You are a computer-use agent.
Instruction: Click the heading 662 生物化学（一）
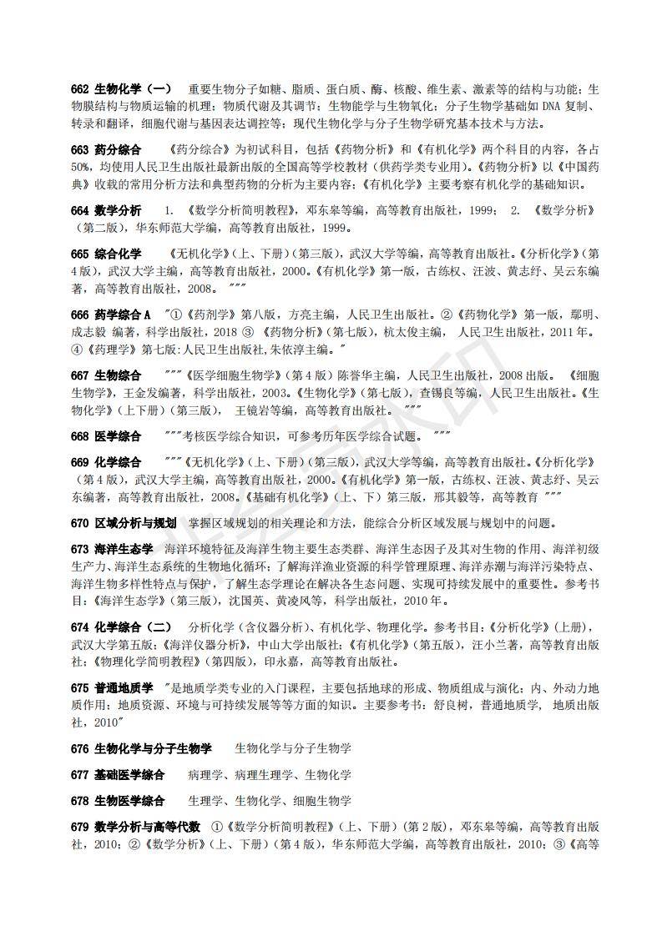click(x=121, y=88)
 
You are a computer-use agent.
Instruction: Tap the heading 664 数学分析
click(x=106, y=210)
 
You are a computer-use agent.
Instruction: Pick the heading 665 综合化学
click(x=106, y=254)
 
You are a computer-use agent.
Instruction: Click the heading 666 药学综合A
click(x=111, y=315)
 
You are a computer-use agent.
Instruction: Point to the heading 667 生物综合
click(x=106, y=375)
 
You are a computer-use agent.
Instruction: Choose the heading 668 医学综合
click(x=106, y=436)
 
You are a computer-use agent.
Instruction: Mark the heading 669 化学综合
click(x=106, y=462)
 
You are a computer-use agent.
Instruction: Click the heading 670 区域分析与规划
click(x=124, y=523)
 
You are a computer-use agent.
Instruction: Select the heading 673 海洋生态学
click(x=112, y=549)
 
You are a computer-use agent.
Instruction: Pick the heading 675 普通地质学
click(x=112, y=688)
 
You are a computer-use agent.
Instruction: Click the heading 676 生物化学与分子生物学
click(x=141, y=748)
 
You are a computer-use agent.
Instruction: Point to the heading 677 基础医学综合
click(x=118, y=775)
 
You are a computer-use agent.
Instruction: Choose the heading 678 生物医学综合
click(x=118, y=801)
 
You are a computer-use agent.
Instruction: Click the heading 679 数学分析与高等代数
click(x=135, y=827)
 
